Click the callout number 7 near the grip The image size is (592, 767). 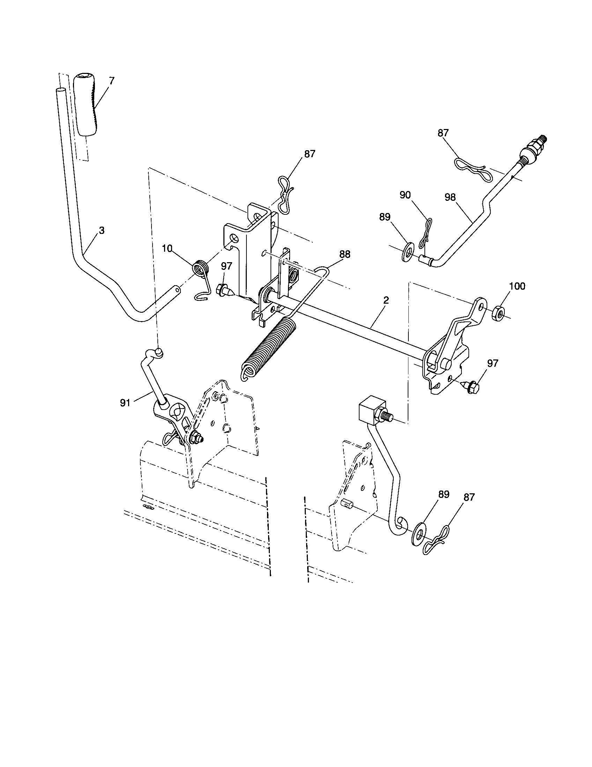tap(111, 81)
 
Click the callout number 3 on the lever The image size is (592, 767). tap(102, 230)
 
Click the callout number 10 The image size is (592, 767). tap(167, 249)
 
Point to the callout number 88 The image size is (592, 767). tap(345, 254)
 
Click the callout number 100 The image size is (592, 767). tap(517, 286)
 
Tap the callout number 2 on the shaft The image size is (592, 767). tap(386, 300)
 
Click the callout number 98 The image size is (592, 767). tap(450, 197)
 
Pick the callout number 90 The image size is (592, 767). tap(405, 195)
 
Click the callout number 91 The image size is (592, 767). tap(125, 403)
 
